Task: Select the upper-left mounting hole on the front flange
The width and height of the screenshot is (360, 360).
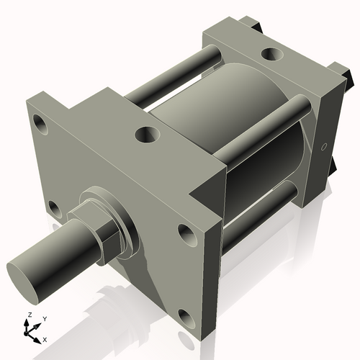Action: pos(40,125)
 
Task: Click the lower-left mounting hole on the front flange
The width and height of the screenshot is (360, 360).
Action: pos(53,209)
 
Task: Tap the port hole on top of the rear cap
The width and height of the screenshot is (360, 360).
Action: pos(273,54)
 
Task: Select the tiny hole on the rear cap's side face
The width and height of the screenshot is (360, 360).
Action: pos(323,148)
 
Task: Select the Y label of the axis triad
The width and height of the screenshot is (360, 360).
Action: pos(44,318)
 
